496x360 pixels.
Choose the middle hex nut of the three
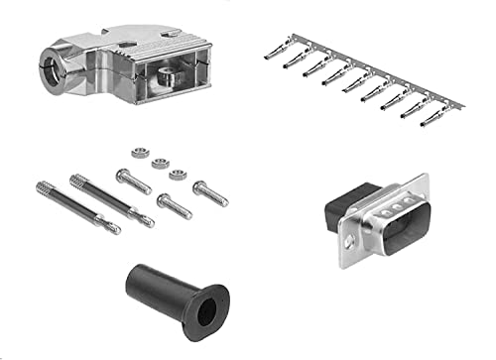coord(160,163)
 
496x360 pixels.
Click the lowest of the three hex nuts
coord(178,176)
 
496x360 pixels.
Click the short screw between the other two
coord(173,206)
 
